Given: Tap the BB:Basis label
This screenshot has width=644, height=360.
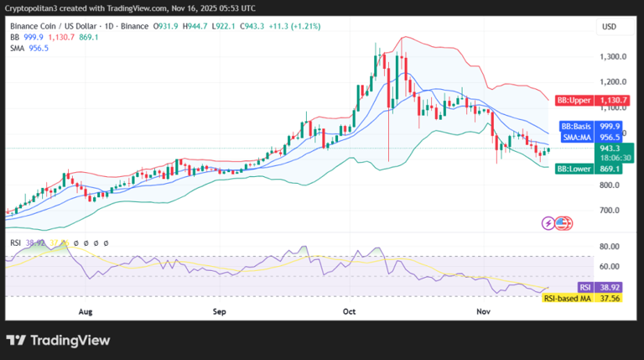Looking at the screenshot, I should (576, 125).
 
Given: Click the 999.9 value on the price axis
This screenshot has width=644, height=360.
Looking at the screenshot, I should (611, 125).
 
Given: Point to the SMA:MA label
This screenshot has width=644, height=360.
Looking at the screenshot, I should (577, 136).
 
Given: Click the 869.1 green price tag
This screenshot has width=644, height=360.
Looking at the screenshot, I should (611, 169).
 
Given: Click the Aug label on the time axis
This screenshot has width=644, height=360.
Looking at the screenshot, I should (85, 310).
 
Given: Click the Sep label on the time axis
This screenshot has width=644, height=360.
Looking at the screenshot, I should (220, 310).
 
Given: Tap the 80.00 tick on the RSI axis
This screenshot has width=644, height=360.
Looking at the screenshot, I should (610, 247).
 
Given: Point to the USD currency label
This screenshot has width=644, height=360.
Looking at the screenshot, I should (609, 27).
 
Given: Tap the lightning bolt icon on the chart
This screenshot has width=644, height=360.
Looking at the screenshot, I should (548, 223).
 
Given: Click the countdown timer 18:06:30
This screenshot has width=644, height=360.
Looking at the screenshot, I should (611, 157).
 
